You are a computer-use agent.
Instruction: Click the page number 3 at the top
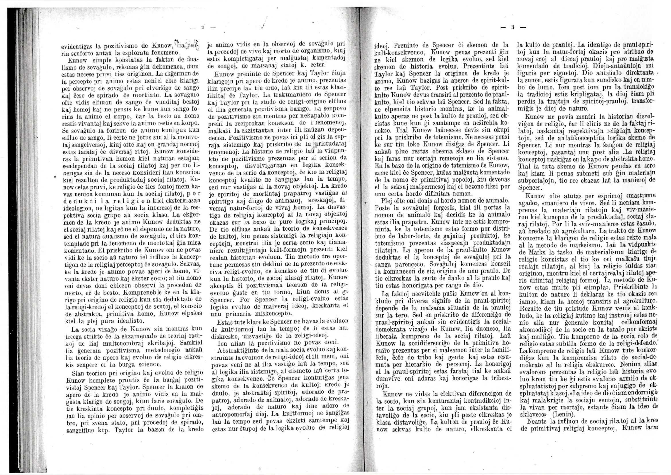(512, 28)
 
